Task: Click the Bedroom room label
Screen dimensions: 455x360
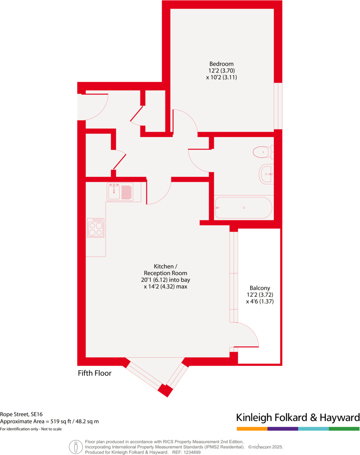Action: click(x=221, y=64)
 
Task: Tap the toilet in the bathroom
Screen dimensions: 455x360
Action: click(x=263, y=152)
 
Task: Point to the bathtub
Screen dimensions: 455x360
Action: click(x=243, y=207)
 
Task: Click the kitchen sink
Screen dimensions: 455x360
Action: click(x=119, y=192)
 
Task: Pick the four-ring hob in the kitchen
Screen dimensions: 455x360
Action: click(x=96, y=228)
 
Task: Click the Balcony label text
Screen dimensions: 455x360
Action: click(x=260, y=288)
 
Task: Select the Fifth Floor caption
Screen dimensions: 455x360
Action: click(x=95, y=373)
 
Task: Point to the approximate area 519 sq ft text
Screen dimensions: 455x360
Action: click(x=49, y=422)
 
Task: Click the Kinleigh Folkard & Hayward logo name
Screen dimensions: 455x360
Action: click(x=298, y=417)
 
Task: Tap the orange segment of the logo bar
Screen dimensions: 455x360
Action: click(x=252, y=429)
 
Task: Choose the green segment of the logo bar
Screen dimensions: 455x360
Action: click(x=344, y=429)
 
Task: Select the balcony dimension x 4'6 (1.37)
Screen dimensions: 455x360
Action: click(x=260, y=301)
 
